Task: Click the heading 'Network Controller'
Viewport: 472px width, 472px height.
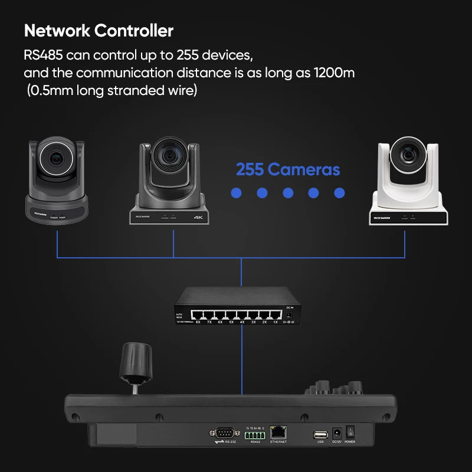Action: (99, 30)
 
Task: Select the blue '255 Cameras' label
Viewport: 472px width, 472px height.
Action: (288, 170)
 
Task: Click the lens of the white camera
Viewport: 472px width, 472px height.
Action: (408, 155)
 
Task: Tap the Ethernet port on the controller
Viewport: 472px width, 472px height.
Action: (278, 432)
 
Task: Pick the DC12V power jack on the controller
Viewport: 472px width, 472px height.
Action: (336, 432)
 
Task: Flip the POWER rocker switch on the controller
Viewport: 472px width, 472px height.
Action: (350, 432)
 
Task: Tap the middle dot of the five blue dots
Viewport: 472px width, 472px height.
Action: (288, 193)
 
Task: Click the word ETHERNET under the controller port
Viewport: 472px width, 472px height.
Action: (278, 441)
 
